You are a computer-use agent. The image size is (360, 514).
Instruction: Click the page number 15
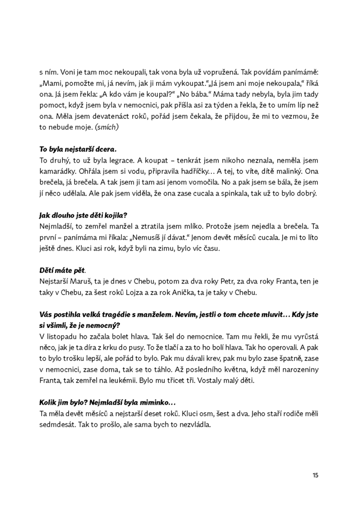(315, 475)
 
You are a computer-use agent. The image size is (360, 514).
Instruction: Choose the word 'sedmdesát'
(56, 426)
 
